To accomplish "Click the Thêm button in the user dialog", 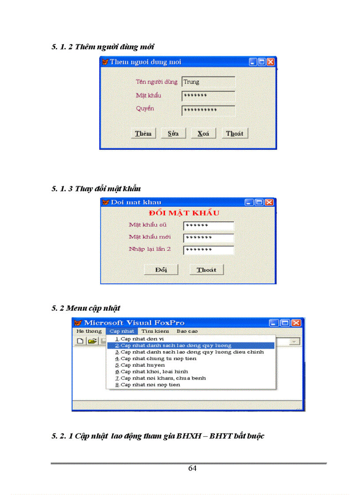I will point(143,134).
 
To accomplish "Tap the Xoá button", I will point(203,134).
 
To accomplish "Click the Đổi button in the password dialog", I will point(161,270).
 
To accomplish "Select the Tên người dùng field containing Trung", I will point(208,82).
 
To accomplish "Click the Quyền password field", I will point(208,110).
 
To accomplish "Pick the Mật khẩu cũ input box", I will point(208,226).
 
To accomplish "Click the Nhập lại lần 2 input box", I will point(208,250).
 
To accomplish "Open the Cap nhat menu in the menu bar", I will point(122,331).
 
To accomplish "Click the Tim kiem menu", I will point(155,331).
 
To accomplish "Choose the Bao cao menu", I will point(187,331).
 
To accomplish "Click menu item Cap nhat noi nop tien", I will point(150,385).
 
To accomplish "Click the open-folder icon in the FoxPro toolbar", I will point(92,341).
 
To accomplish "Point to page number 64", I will point(192,468).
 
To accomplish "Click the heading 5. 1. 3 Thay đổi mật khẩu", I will point(96,189).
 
